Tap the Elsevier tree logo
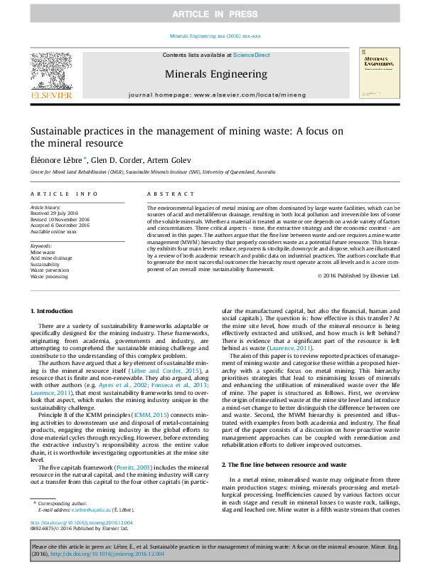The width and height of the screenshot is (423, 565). pyautogui.click(x=50, y=71)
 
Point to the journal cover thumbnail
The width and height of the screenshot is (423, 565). pyautogui.click(x=380, y=73)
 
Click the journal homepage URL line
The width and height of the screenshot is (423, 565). pyautogui.click(x=217, y=94)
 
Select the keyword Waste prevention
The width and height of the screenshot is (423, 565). pyautogui.click(x=50, y=270)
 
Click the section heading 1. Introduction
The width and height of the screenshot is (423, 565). pyautogui.click(x=53, y=312)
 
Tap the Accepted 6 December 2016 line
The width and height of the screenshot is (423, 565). pyautogui.click(x=60, y=226)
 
